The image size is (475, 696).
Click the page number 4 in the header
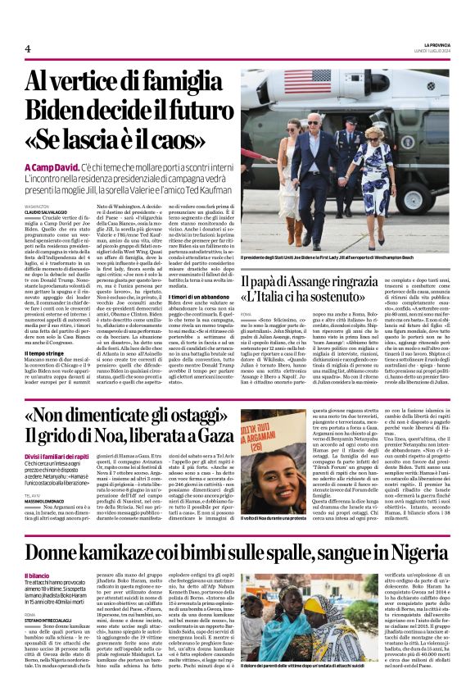point(28,49)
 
